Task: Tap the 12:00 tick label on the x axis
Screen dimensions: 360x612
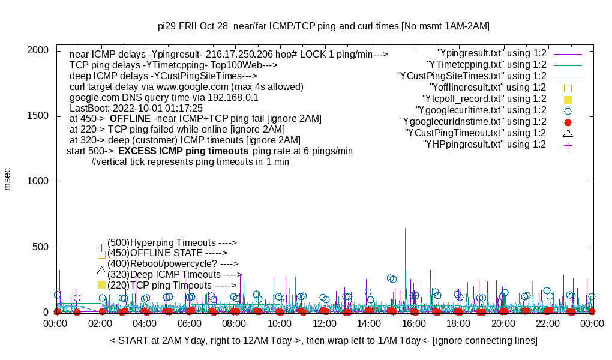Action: click(x=324, y=324)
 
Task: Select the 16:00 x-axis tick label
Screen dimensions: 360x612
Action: click(x=413, y=324)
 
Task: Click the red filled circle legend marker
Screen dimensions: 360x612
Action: click(x=568, y=122)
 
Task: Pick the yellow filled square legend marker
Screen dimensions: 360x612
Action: click(x=568, y=99)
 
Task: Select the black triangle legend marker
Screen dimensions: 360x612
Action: click(x=568, y=133)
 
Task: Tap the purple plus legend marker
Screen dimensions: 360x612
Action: click(x=568, y=145)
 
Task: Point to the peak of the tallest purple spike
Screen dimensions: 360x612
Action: click(x=406, y=229)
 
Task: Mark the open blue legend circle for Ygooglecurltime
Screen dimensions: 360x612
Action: click(x=568, y=110)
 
